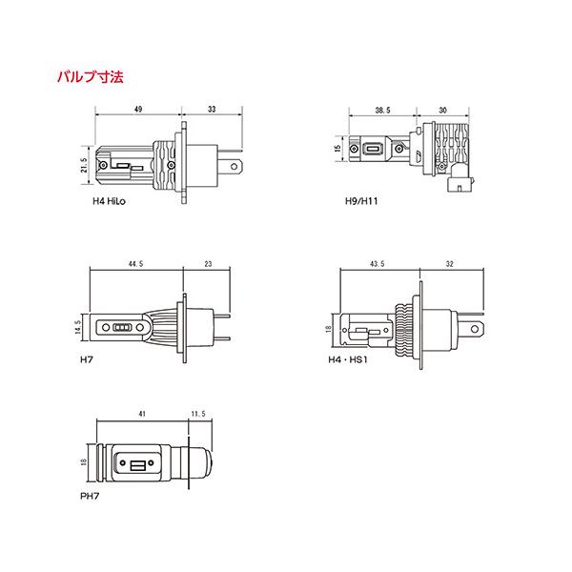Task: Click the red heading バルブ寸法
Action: point(91,77)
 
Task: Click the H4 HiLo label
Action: point(109,201)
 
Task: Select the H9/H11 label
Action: point(361,201)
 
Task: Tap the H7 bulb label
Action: point(87,359)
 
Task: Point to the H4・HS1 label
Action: point(348,359)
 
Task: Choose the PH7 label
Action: point(90,496)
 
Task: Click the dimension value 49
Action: point(138,109)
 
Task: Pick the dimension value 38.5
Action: point(382,111)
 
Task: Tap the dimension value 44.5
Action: point(135,264)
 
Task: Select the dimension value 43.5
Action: point(378,264)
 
